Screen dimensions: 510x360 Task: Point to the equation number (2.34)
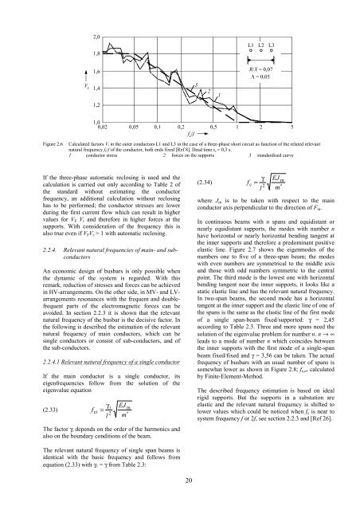coord(196,182)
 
